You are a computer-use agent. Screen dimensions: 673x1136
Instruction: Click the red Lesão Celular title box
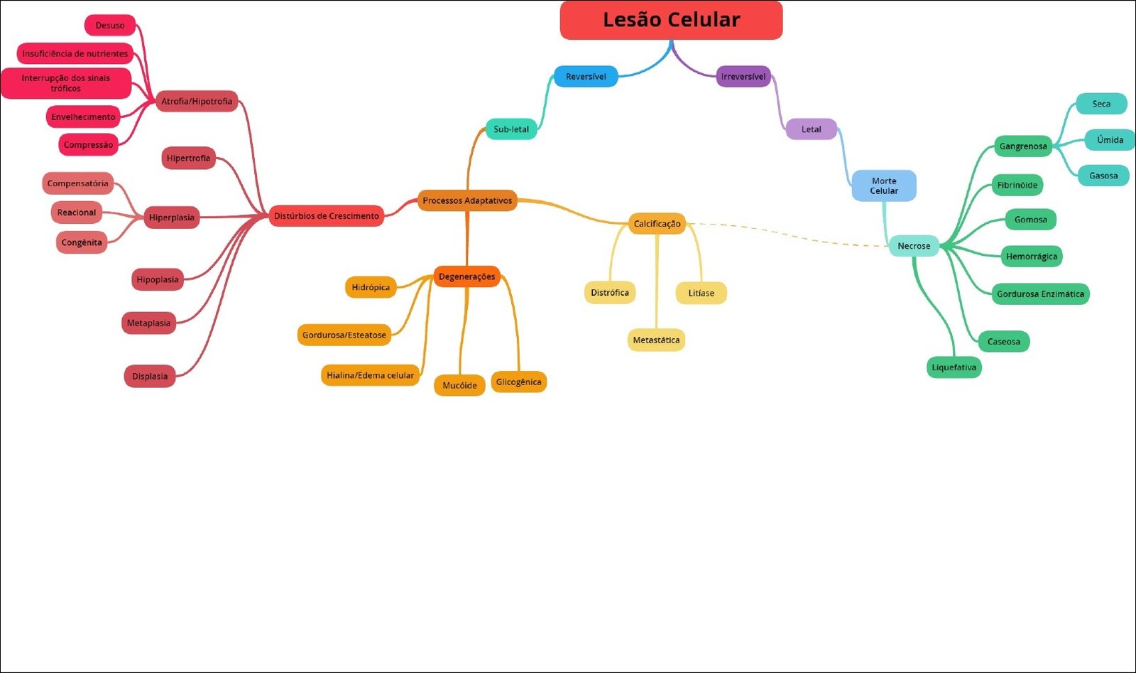(x=671, y=20)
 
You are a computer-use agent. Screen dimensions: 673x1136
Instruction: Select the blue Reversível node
(x=586, y=77)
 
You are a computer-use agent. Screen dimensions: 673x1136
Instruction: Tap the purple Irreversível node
(x=743, y=77)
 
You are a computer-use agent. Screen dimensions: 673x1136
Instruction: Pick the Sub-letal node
(x=511, y=129)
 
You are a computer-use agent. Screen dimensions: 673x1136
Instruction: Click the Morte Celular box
(x=884, y=185)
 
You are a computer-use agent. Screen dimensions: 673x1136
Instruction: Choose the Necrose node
(x=914, y=246)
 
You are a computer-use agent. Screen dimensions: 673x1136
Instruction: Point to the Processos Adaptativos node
(x=467, y=201)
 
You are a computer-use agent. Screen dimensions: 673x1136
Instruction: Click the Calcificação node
(x=657, y=224)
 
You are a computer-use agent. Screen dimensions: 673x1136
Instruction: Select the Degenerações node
(x=466, y=276)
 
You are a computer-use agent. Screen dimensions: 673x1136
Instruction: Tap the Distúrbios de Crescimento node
(x=327, y=216)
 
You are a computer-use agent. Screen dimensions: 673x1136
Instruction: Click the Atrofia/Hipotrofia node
(x=197, y=102)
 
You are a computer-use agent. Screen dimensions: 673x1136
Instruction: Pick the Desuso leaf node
(x=110, y=26)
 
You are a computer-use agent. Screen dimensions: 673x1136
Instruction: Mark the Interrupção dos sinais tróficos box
(x=66, y=83)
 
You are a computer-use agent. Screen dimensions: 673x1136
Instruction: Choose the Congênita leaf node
(x=82, y=242)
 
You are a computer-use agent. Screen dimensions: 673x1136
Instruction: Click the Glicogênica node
(x=518, y=382)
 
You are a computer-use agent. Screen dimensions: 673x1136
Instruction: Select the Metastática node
(x=656, y=340)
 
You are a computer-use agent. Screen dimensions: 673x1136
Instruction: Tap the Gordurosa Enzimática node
(x=1040, y=294)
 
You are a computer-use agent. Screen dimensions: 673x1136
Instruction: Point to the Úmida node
(x=1110, y=140)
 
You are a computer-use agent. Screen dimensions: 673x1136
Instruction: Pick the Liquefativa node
(x=954, y=367)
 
